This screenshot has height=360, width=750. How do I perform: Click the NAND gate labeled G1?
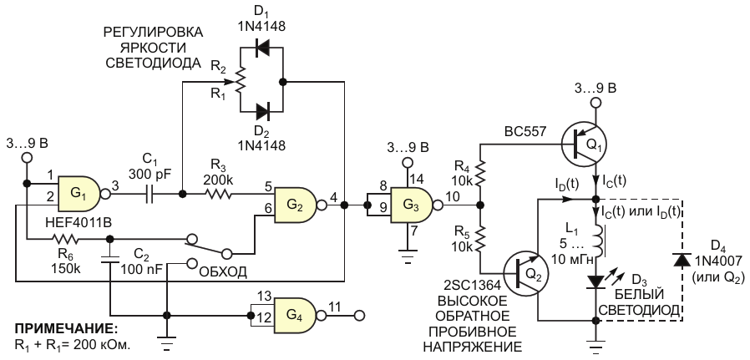coord(79,194)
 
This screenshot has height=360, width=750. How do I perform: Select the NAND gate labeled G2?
coord(295,205)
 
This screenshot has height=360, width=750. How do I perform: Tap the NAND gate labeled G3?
coord(413,205)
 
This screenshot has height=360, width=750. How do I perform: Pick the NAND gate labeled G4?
coord(295,316)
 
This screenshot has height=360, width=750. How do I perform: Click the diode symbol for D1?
coord(262,48)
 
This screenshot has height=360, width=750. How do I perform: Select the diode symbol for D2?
coord(262,112)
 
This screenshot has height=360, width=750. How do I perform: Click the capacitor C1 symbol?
coord(149,195)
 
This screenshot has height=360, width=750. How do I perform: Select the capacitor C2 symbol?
coord(110,259)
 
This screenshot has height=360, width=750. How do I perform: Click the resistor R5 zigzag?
coord(480,238)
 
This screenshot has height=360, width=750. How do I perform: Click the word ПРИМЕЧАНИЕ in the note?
coord(65,329)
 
